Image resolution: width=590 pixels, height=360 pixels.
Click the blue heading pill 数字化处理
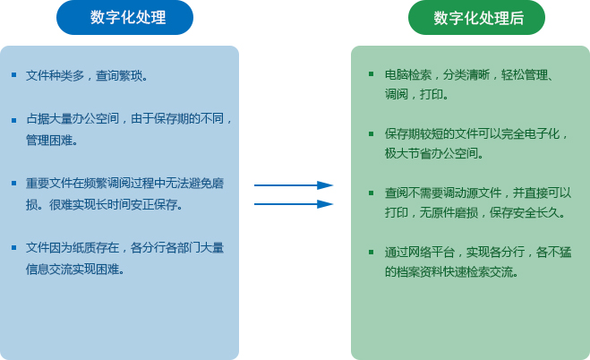click(124, 17)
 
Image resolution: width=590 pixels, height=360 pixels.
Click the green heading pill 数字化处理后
click(476, 17)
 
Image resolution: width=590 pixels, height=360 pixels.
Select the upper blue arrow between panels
click(294, 185)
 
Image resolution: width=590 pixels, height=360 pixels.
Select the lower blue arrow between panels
click(294, 204)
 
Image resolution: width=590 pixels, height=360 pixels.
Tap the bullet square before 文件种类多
click(14, 75)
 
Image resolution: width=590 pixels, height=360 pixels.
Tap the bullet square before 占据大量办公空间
click(14, 120)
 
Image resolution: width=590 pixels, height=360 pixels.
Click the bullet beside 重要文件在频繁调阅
click(14, 184)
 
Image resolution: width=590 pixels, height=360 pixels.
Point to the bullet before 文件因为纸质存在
click(14, 247)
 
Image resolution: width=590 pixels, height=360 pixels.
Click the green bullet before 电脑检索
click(372, 74)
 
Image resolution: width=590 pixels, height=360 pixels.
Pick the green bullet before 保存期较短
click(372, 133)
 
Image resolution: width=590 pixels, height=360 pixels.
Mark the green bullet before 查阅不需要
click(372, 193)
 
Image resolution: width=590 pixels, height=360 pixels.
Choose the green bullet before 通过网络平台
click(372, 252)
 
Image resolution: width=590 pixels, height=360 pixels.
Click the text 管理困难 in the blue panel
click(49, 141)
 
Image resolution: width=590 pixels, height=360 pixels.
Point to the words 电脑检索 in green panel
click(408, 75)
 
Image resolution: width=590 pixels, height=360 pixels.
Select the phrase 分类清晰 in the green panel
click(466, 75)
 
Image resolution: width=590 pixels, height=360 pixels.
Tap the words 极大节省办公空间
click(432, 153)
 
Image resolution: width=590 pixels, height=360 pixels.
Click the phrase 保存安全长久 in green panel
click(525, 212)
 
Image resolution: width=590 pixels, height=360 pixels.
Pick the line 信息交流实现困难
click(73, 269)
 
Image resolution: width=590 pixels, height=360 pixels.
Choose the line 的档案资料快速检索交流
click(449, 271)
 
